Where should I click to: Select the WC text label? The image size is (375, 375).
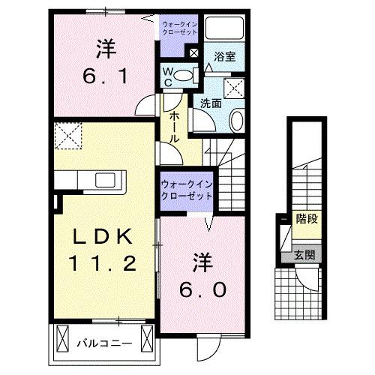click(170, 77)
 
